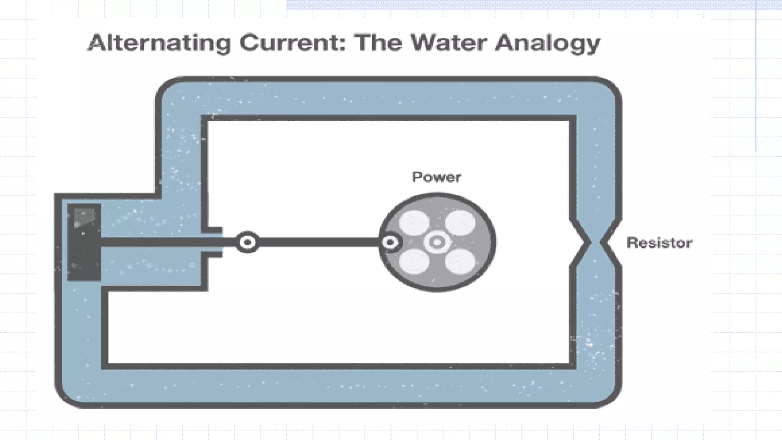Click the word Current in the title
pyautogui.click(x=292, y=43)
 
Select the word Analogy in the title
pyautogui.click(x=548, y=44)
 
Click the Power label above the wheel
pyautogui.click(x=436, y=177)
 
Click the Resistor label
pyautogui.click(x=659, y=243)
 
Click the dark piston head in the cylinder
pyautogui.click(x=84, y=242)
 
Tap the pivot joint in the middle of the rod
pyautogui.click(x=247, y=242)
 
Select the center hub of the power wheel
pyautogui.click(x=437, y=242)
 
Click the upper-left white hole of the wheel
pyautogui.click(x=414, y=223)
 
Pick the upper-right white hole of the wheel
pyautogui.click(x=460, y=223)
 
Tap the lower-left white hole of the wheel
pyautogui.click(x=414, y=262)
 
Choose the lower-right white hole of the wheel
pyautogui.click(x=460, y=262)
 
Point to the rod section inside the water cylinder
pyautogui.click(x=153, y=242)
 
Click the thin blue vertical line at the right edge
pyautogui.click(x=756, y=76)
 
